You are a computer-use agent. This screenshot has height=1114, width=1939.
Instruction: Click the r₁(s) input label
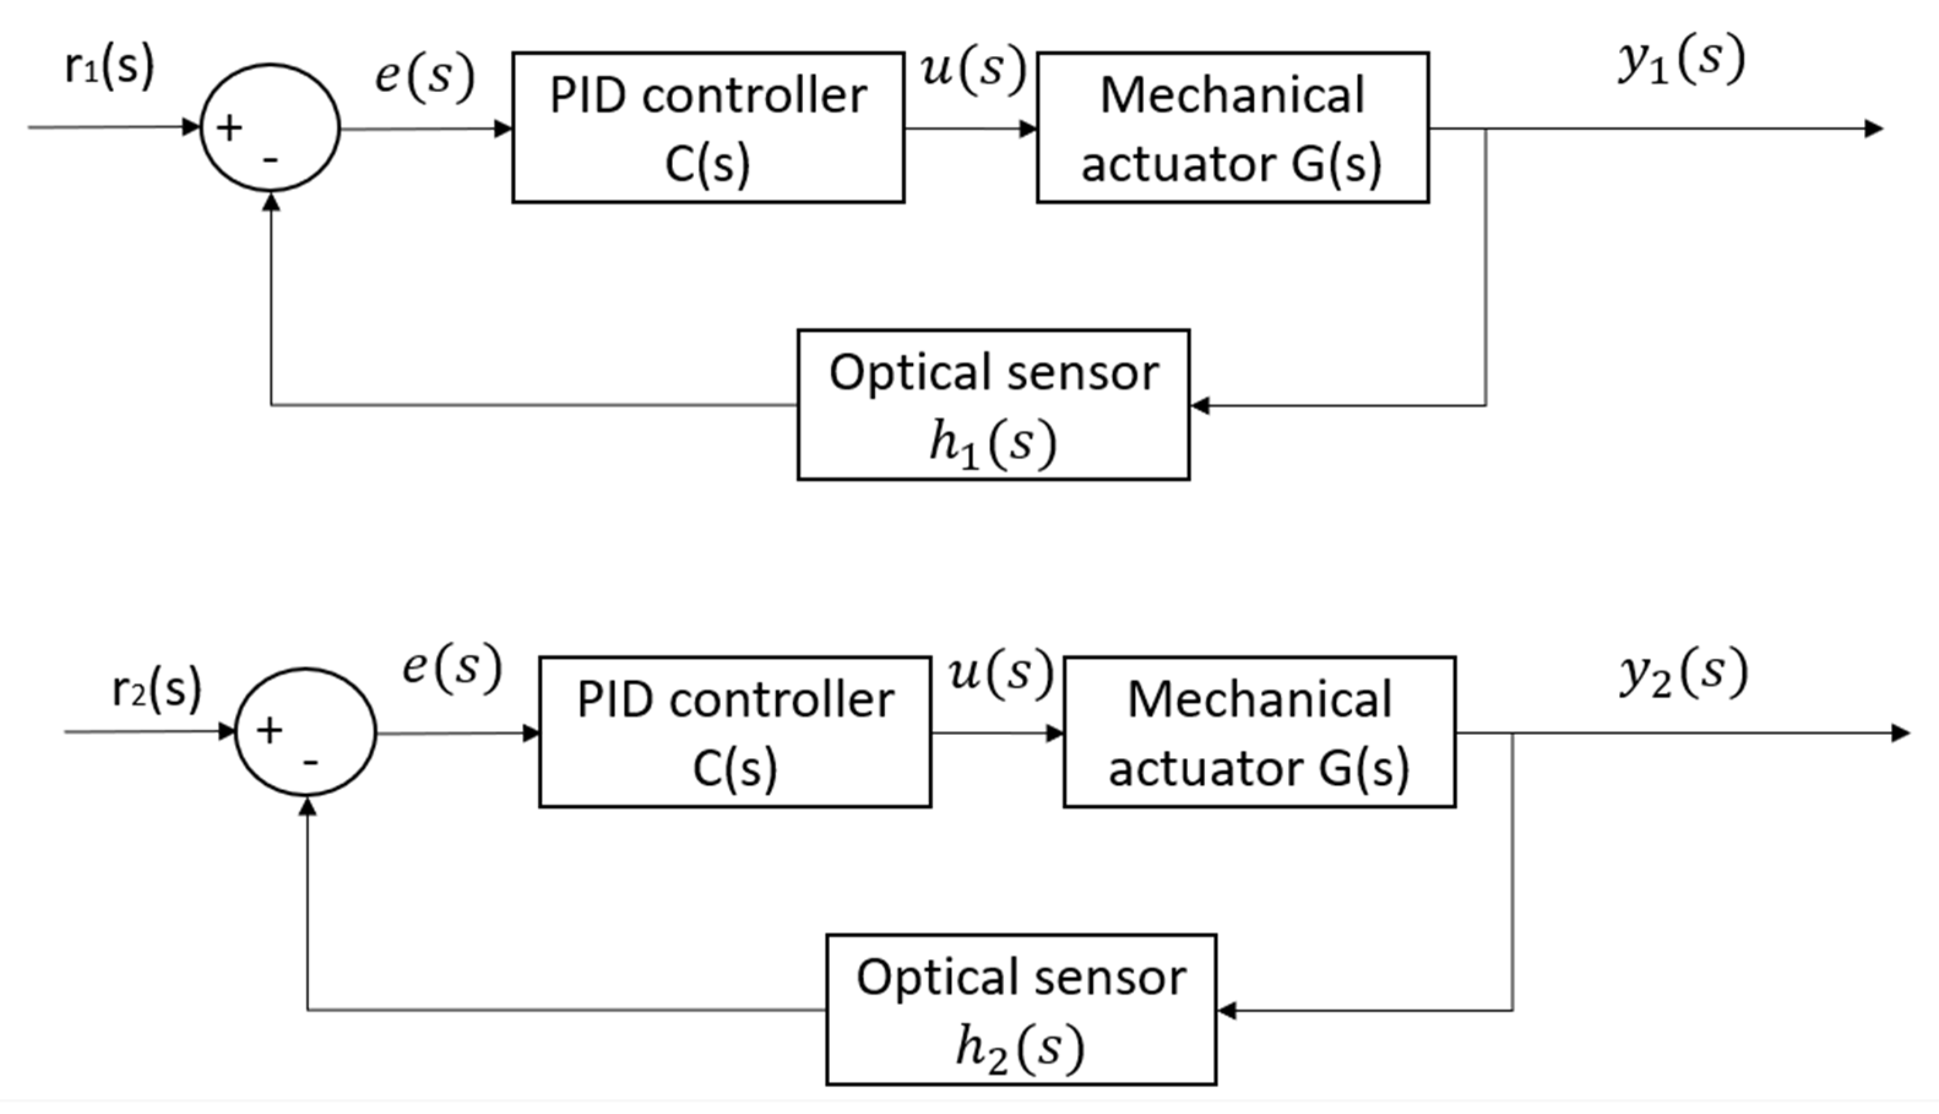tap(108, 67)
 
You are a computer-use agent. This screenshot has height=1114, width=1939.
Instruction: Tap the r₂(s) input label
tap(156, 688)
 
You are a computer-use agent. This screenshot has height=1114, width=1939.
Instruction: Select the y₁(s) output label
tap(1681, 61)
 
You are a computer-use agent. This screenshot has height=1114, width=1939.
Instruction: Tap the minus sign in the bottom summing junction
tap(311, 762)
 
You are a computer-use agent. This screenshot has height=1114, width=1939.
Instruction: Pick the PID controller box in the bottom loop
tap(735, 732)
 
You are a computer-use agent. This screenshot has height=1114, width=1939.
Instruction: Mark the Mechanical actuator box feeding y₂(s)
tap(1259, 732)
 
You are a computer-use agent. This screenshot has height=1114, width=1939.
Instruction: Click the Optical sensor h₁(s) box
tap(993, 405)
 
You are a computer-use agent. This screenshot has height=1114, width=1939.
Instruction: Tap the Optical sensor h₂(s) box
tap(1021, 1009)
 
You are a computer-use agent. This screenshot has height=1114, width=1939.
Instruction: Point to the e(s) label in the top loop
tap(425, 77)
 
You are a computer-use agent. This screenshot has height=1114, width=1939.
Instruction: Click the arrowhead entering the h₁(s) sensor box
tap(1201, 405)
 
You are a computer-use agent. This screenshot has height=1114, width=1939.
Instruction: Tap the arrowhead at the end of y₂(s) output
tap(1900, 733)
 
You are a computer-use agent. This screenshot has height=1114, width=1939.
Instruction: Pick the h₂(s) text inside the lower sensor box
tap(1020, 1048)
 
